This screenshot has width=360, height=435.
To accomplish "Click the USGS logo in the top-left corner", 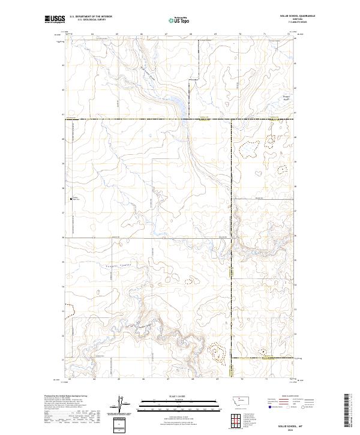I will click(55, 20).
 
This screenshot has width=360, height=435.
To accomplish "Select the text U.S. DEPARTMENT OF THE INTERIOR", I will click(91, 17).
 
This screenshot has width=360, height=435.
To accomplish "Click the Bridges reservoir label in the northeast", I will click(287, 97).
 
